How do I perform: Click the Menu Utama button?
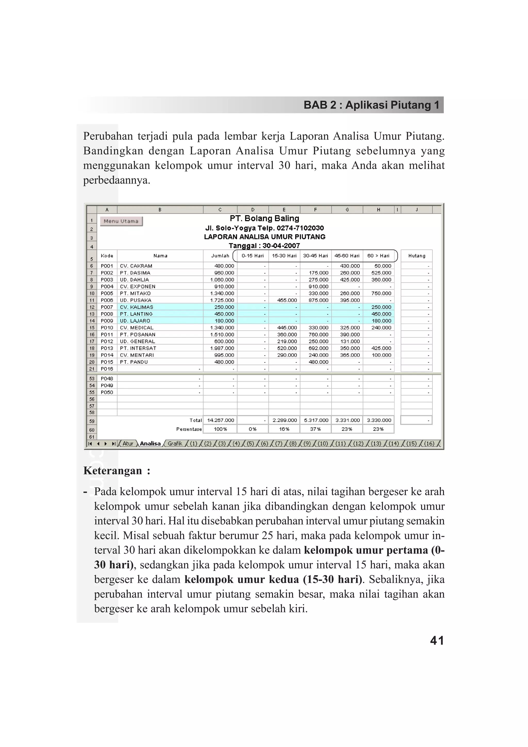[121, 221]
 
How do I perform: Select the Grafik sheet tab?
[175, 443]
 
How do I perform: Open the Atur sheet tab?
[128, 443]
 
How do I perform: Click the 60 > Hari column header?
[378, 256]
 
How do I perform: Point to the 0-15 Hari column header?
[252, 256]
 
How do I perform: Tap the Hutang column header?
[417, 256]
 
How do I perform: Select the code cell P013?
[107, 348]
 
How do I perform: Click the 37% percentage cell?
[315, 429]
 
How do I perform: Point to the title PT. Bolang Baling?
[265, 219]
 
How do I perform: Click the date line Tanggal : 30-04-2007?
[264, 246]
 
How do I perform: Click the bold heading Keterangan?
[113, 471]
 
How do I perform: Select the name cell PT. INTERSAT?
[138, 348]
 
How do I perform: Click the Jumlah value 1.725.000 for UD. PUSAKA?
[222, 300]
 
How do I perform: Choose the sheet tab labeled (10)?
[323, 443]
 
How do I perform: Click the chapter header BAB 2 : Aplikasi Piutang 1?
[371, 105]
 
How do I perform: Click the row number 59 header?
[92, 421]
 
